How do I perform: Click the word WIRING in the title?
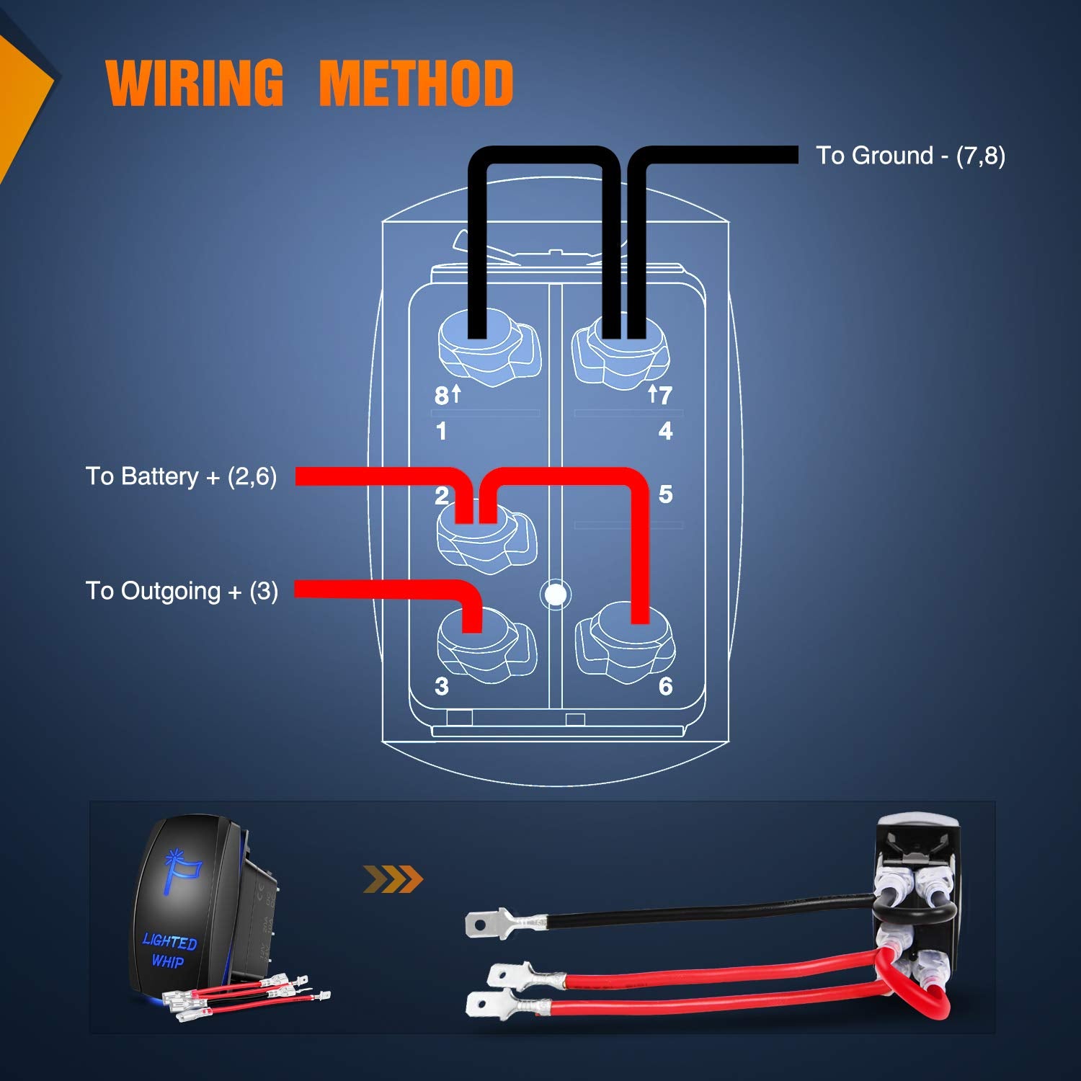tap(195, 83)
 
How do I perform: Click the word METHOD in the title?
tap(416, 83)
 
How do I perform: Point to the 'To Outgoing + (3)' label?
tap(182, 591)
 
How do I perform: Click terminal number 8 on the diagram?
tap(442, 396)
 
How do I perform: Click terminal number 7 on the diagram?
tap(664, 395)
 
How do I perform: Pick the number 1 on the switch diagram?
tap(441, 431)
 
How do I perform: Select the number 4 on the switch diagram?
tap(665, 431)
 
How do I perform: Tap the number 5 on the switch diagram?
tap(665, 494)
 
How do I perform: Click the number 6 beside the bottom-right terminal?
tap(665, 686)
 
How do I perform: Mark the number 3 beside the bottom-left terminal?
tap(442, 686)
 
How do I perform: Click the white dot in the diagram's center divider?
tap(556, 595)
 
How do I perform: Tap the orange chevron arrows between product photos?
tap(393, 879)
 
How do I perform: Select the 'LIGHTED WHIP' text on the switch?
tap(169, 951)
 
